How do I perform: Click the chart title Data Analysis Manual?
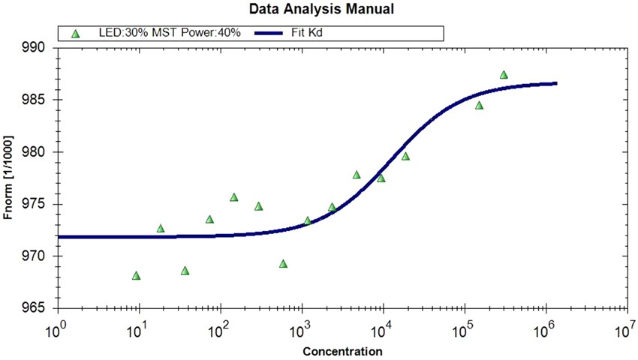(x=321, y=10)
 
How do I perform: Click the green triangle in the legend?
(x=75, y=34)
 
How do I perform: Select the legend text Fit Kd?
(x=308, y=34)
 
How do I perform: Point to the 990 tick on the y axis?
(x=35, y=47)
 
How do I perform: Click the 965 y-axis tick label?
(x=35, y=308)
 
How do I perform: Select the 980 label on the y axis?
(x=35, y=151)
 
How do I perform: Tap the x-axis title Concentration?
(x=342, y=351)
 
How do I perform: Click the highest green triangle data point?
(x=504, y=75)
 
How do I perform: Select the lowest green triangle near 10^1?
(x=136, y=276)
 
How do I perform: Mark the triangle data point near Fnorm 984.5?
(x=479, y=106)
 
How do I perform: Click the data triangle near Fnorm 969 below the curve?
(x=283, y=264)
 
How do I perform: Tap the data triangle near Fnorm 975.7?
(x=233, y=197)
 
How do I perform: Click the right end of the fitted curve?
(x=555, y=83)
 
